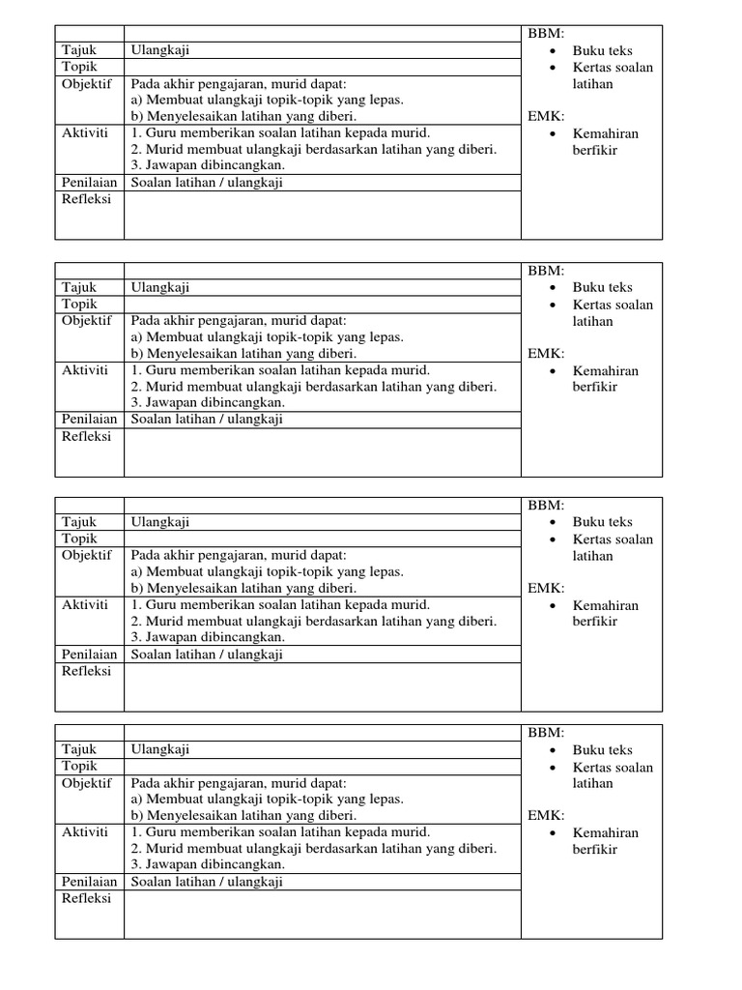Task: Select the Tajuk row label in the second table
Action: [x=79, y=287]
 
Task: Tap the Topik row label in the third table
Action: [x=80, y=539]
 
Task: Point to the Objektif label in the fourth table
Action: [x=87, y=782]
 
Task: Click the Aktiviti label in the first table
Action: [x=85, y=132]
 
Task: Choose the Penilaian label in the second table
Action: [x=90, y=420]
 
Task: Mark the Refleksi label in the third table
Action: [x=87, y=671]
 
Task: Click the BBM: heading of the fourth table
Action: [x=546, y=734]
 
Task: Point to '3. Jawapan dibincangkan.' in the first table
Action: [x=208, y=165]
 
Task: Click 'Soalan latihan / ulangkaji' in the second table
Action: [x=207, y=420]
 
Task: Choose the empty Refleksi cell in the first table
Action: [x=322, y=215]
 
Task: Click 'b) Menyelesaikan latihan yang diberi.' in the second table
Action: [x=243, y=354]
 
